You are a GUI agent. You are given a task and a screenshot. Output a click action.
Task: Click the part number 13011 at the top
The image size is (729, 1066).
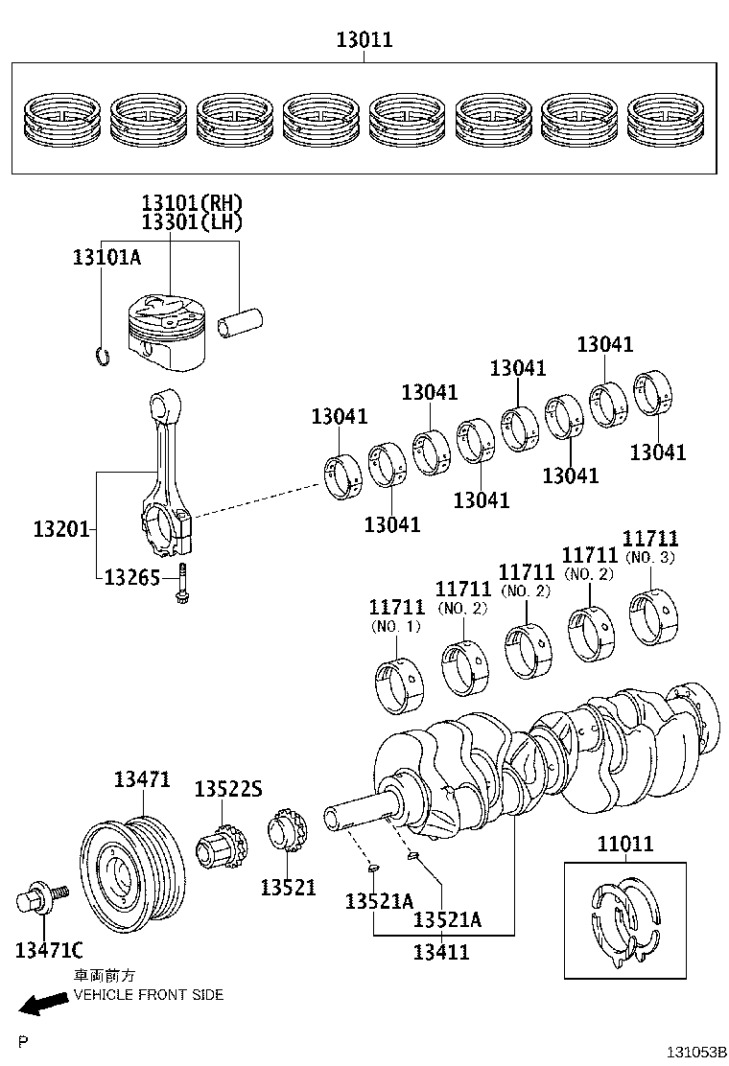click(364, 40)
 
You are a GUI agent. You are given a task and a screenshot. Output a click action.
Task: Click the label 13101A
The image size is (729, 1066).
click(106, 257)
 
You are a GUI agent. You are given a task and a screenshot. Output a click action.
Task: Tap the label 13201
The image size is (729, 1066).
click(60, 528)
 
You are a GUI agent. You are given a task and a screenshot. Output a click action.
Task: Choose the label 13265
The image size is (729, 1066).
click(131, 577)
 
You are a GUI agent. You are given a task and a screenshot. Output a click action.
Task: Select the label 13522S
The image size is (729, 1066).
click(227, 789)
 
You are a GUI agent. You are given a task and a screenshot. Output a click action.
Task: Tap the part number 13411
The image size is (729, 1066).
click(441, 951)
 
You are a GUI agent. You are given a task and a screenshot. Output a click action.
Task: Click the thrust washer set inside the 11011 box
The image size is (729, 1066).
click(624, 919)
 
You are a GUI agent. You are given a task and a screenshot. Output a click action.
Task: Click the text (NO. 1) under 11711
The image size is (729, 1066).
click(395, 627)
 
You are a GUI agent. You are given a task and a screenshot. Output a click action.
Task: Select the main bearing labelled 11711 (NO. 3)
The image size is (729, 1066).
click(656, 614)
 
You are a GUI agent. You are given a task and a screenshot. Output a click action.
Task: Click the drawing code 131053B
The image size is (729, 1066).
click(697, 1053)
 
